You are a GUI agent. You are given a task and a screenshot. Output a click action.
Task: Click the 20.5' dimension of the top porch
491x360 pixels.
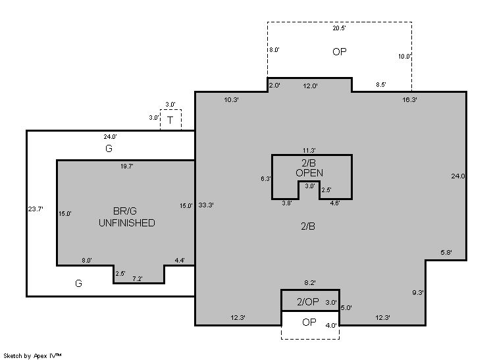[339, 28]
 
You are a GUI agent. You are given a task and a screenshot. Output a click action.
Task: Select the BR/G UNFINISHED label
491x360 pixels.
[127, 217]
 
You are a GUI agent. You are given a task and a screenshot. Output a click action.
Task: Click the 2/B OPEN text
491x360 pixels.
[309, 168]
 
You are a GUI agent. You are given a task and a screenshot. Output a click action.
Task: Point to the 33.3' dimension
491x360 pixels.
[206, 205]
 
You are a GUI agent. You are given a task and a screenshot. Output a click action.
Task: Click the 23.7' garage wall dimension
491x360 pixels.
[36, 209]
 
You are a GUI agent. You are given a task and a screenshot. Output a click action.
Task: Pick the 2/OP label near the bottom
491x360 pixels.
[308, 302]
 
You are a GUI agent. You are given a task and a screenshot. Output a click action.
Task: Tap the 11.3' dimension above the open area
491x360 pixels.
[309, 151]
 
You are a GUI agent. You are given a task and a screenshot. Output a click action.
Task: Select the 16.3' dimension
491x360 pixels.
[409, 100]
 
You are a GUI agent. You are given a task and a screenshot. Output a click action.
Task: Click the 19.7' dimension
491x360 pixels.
[127, 167]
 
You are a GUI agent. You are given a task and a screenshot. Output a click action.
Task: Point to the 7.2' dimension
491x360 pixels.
[138, 278]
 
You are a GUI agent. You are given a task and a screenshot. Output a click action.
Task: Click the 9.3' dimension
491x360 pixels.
[418, 293]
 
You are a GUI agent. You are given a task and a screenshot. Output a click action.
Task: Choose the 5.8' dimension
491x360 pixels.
[446, 252]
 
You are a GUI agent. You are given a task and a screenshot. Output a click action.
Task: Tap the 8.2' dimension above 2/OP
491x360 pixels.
[310, 283]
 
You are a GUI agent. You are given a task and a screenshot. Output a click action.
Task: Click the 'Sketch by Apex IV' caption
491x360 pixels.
[32, 356]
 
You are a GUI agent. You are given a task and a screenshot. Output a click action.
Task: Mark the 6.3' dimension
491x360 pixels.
[266, 179]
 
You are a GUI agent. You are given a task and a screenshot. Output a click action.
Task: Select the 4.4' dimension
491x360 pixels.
[180, 260]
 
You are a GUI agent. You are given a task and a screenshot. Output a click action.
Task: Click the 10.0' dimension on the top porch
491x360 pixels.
[405, 57]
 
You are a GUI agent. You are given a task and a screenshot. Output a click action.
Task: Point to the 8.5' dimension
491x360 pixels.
[381, 84]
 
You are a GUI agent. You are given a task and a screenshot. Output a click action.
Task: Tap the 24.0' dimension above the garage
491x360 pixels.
[110, 137]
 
